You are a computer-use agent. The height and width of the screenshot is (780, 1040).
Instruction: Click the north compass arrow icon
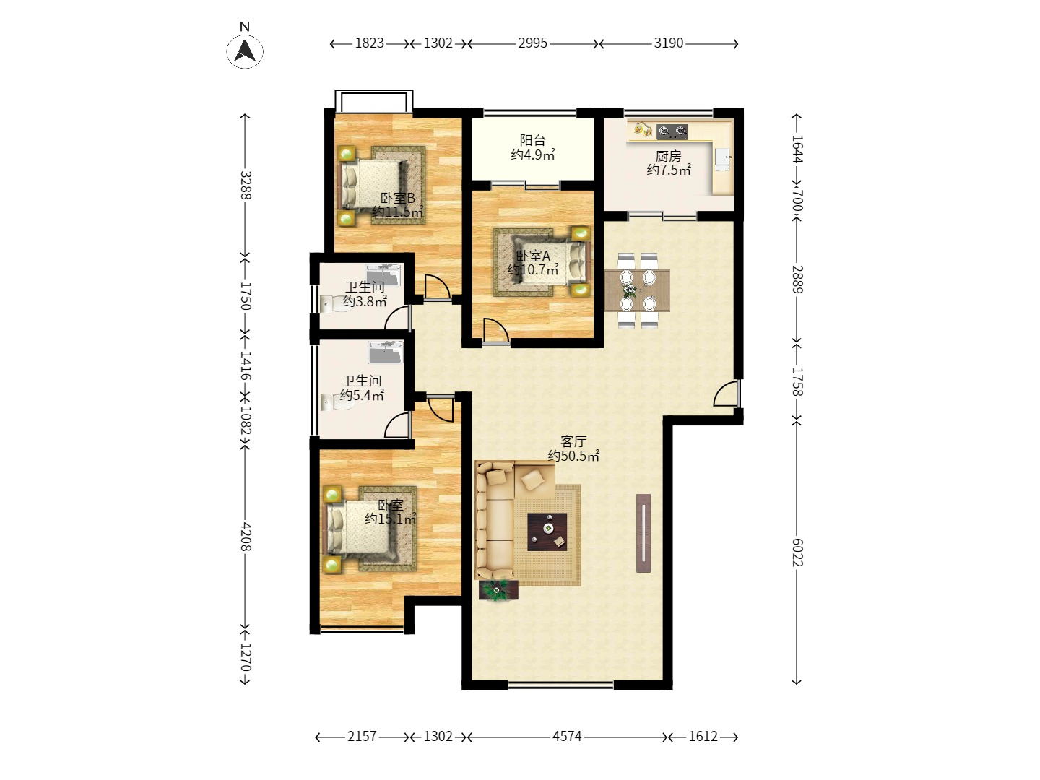pos(245,51)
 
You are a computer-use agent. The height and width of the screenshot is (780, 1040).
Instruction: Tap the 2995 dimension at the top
pos(532,43)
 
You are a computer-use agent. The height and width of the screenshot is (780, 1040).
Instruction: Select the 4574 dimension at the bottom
pos(567,737)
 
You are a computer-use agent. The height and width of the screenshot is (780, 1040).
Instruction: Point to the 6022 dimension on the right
pos(797,552)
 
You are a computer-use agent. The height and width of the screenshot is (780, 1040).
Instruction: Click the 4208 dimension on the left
pos(246,537)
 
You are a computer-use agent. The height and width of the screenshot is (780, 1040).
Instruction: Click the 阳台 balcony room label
pos(532,140)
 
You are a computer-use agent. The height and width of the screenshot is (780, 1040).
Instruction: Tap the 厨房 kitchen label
pos(668,156)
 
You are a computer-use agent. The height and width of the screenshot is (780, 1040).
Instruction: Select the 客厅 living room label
pos(573,441)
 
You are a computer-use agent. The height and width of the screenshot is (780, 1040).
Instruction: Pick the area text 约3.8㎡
pos(365,301)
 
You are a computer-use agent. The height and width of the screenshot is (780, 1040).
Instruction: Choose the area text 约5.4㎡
pos(362,395)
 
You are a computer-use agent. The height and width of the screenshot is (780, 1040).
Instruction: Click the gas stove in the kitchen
pos(672,131)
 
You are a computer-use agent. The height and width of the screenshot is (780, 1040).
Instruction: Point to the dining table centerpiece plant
pos(629,289)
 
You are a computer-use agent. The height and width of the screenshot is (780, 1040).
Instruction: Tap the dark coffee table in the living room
pos(547,532)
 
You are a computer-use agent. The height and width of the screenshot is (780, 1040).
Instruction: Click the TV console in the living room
pos(643,533)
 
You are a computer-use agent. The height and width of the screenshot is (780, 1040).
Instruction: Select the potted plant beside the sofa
pos(498,590)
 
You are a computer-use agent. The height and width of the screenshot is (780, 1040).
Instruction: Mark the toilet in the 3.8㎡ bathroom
pos(334,303)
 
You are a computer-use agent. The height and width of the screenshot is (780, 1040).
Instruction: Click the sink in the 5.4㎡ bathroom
pos(386,352)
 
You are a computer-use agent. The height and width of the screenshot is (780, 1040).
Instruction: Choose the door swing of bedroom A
pos(495,330)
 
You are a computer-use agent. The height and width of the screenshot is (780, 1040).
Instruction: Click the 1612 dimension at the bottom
pos(703,737)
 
